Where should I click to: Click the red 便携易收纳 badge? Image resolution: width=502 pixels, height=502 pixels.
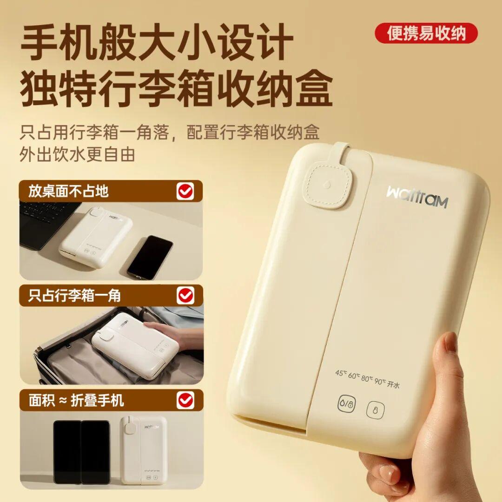pyautogui.click(x=426, y=33)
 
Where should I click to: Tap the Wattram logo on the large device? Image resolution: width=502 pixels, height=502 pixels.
pyautogui.click(x=417, y=196)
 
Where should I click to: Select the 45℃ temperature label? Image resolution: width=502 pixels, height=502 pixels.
pyautogui.click(x=341, y=373)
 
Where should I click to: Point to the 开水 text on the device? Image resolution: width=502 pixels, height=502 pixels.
pyautogui.click(x=393, y=383)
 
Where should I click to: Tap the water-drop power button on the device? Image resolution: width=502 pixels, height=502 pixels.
pyautogui.click(x=347, y=404)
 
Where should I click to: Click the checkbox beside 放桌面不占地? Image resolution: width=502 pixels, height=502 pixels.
pyautogui.click(x=185, y=192)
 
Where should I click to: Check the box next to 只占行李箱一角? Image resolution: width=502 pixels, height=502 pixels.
pyautogui.click(x=185, y=295)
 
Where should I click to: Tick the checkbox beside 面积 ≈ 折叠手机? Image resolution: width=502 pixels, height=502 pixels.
pyautogui.click(x=185, y=400)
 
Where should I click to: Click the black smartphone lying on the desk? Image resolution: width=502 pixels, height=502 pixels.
pyautogui.click(x=150, y=257)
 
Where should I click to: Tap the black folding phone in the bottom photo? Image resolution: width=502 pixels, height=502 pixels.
pyautogui.click(x=82, y=452)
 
